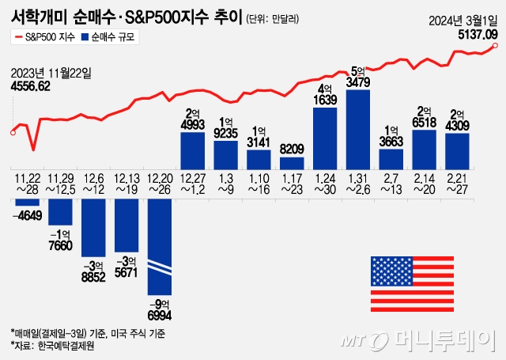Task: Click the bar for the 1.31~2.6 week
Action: (x=358, y=128)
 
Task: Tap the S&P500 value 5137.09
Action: (x=477, y=35)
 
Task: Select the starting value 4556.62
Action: (x=31, y=85)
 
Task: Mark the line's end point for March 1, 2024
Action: (x=496, y=46)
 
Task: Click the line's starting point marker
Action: (x=12, y=132)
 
